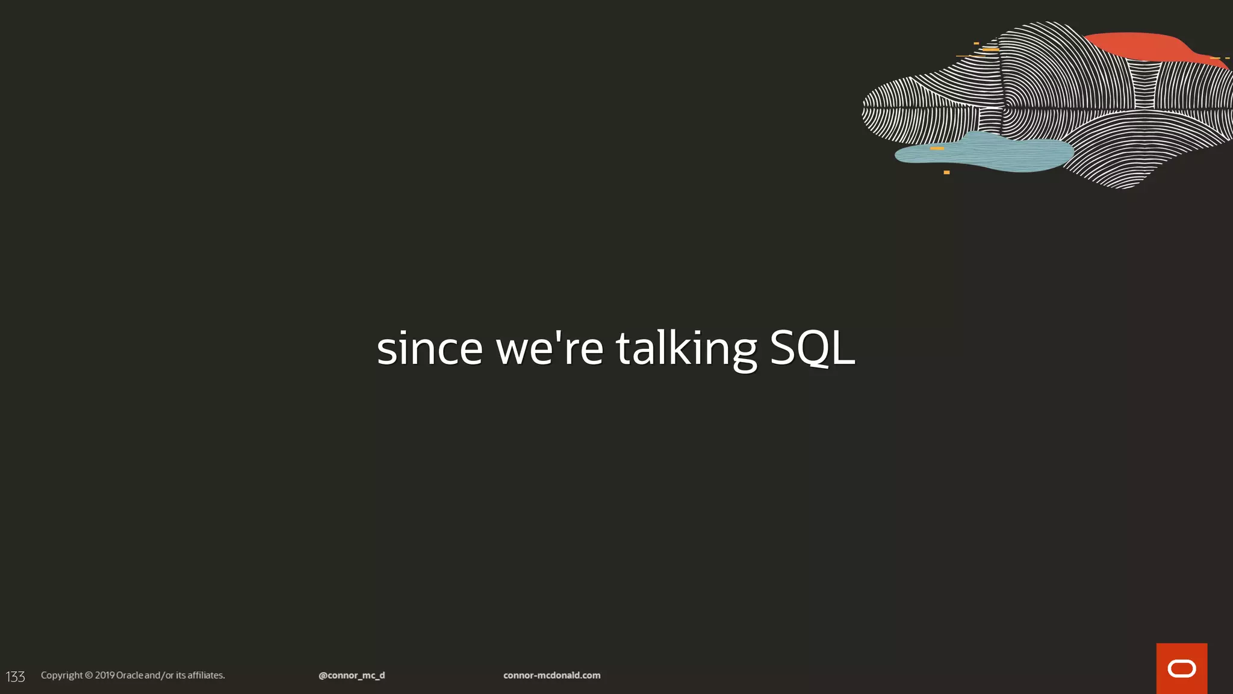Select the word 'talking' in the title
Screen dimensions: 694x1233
[686, 349]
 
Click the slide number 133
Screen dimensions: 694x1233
[16, 677]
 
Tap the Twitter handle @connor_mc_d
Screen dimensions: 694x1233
[352, 675]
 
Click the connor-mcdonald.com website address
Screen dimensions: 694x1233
[551, 675]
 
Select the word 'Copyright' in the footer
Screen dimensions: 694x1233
[61, 675]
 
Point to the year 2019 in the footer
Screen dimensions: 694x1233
[104, 675]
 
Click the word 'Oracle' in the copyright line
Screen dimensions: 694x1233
[129, 675]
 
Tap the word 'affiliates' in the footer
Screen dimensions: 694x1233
[205, 675]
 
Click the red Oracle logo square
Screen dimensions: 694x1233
[1181, 668]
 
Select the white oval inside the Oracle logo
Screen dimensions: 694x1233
[1181, 669]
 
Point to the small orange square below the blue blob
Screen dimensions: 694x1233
[946, 172]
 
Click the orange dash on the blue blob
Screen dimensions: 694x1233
[937, 148]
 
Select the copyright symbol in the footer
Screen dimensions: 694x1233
[89, 675]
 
